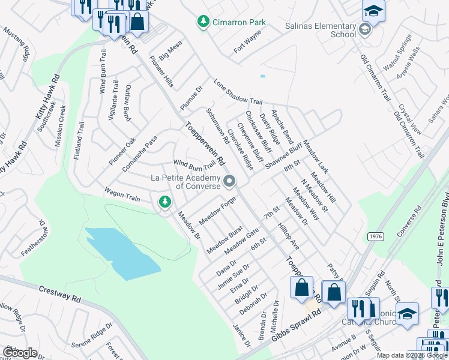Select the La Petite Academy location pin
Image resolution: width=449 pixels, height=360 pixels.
229,181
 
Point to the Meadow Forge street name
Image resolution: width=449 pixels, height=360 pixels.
217,212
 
